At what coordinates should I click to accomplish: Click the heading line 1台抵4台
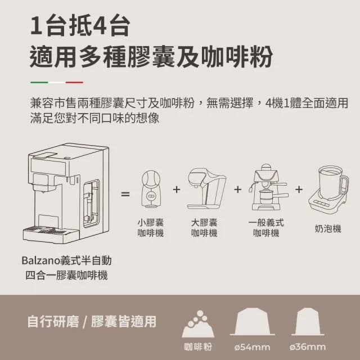click(x=80, y=26)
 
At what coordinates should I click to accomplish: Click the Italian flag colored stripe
click(x=56, y=82)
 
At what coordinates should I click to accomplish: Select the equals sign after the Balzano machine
click(x=125, y=194)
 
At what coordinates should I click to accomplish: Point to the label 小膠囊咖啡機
click(x=151, y=228)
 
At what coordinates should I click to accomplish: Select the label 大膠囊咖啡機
click(x=204, y=228)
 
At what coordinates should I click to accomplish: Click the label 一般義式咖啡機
click(x=266, y=228)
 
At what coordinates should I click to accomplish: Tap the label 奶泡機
click(x=328, y=229)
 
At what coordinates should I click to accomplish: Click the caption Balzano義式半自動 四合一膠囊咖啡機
click(x=66, y=268)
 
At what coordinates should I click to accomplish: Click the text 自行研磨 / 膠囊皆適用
click(x=92, y=322)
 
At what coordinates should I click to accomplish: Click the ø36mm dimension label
click(x=308, y=346)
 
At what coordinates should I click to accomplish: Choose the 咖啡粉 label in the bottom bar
click(x=198, y=346)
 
